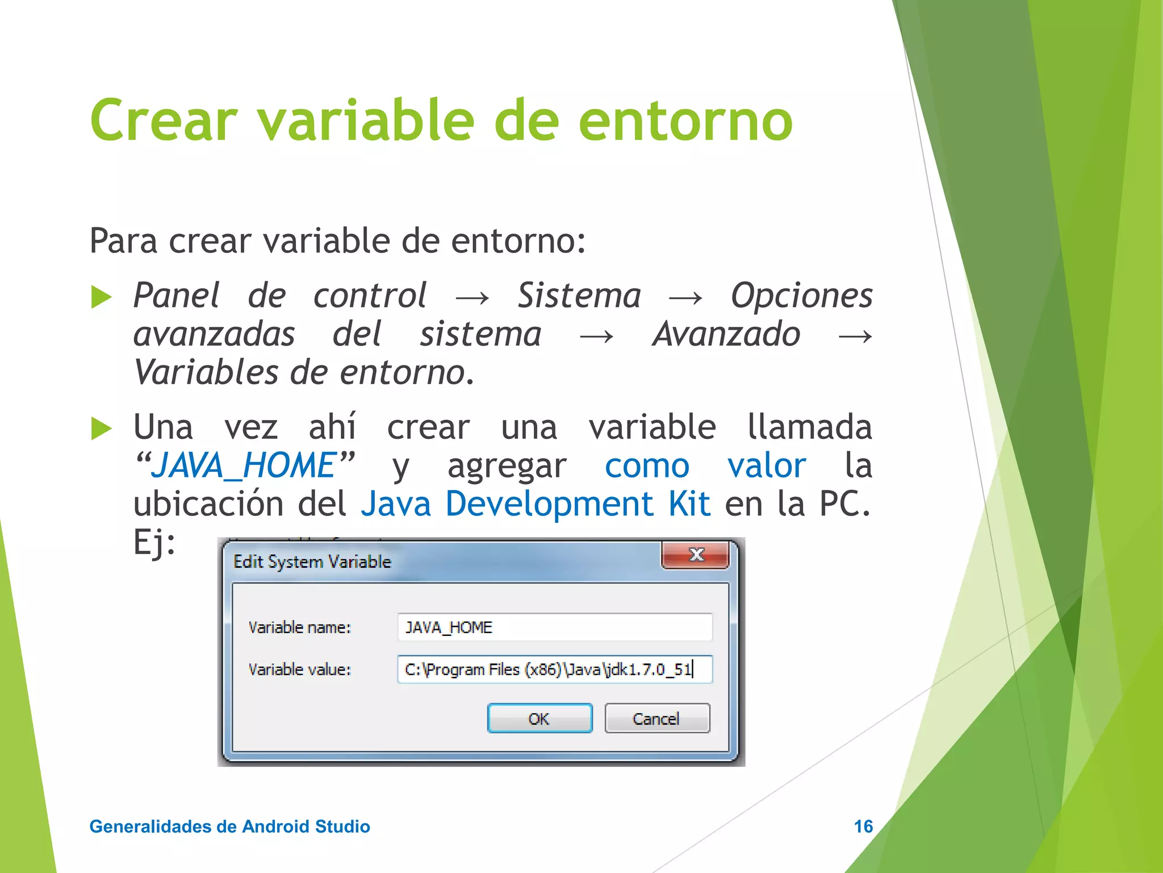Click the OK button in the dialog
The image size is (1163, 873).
(539, 718)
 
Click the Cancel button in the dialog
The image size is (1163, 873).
(657, 718)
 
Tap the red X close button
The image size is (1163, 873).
(696, 555)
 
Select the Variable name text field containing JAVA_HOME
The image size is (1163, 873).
(554, 627)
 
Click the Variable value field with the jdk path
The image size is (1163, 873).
(554, 669)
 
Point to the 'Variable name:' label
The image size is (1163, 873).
(299, 627)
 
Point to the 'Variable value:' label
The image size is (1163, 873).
(299, 670)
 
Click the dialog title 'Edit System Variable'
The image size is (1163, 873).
(312, 562)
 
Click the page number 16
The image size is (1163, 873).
(863, 826)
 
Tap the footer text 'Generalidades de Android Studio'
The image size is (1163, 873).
(229, 826)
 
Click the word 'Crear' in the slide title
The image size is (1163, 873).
(163, 120)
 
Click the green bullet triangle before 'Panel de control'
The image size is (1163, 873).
(101, 297)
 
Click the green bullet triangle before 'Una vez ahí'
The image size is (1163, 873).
(101, 429)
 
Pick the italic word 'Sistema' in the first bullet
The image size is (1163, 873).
(579, 296)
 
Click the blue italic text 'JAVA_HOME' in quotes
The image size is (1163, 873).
(245, 465)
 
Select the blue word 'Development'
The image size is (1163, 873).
(549, 504)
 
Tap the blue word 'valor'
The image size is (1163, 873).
(766, 465)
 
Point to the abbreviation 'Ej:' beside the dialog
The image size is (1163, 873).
(154, 542)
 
